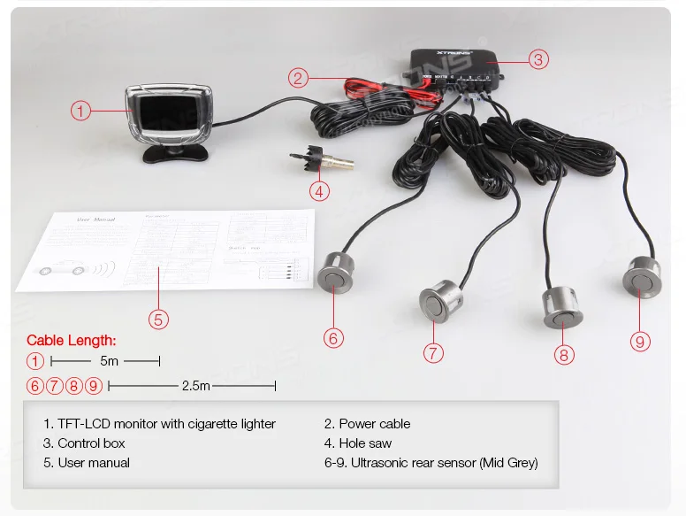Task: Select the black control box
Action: coord(456,66)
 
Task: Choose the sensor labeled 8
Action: coord(561,305)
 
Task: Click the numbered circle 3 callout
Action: coord(538,59)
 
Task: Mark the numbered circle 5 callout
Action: coord(157,319)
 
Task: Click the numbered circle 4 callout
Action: coord(320,189)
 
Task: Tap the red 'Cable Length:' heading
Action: coord(72,340)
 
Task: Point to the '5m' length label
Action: coord(110,361)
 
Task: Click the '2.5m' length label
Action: coord(195,386)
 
